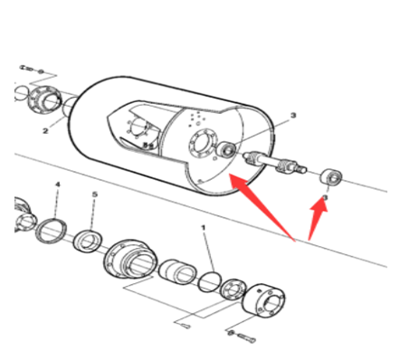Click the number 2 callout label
[45, 131]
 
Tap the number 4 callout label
[58, 185]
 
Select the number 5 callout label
[95, 194]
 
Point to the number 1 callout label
[203, 227]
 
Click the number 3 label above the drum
[293, 115]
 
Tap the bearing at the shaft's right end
[330, 177]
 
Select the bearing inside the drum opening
[227, 149]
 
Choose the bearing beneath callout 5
[88, 242]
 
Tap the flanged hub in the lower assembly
[130, 259]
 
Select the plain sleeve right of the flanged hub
[177, 271]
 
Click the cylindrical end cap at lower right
[263, 299]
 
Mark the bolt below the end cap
[243, 336]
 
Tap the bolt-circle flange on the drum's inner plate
[203, 144]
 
